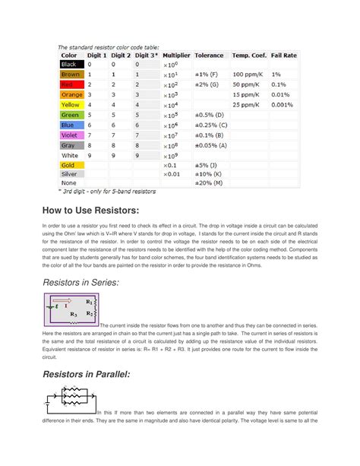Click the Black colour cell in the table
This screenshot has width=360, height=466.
click(71, 65)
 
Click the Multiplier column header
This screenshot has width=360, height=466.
click(176, 55)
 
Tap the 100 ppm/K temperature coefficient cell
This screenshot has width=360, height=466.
click(248, 75)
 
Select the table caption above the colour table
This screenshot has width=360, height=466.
click(110, 46)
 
